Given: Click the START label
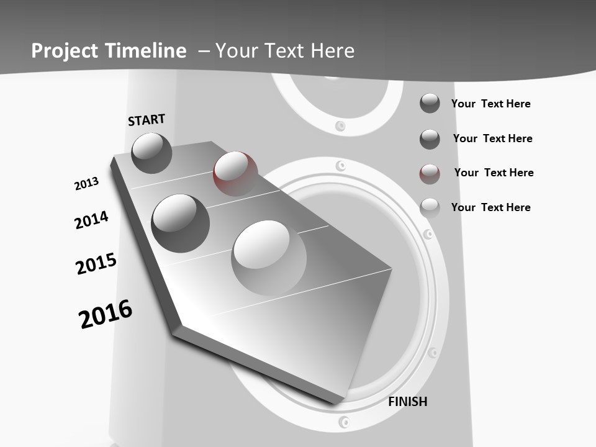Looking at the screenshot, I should coord(147,119).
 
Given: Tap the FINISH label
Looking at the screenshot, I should coord(407,402).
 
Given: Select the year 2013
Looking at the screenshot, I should coord(86,184).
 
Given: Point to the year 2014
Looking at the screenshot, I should coord(91,220).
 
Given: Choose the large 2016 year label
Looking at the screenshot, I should coord(106,314).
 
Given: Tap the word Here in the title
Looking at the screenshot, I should coord(332,51).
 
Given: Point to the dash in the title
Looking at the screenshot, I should coord(204,51).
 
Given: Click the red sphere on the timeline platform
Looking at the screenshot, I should coord(235,173).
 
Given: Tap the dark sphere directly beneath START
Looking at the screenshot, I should coord(152,153).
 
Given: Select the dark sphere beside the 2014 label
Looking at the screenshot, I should coord(180,223).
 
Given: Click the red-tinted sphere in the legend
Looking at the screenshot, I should coord(430,174).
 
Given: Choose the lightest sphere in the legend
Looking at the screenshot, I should coord(430,208).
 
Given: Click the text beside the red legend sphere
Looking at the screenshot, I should coord(494,173).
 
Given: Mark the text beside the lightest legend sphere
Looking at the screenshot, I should coord(490,207).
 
